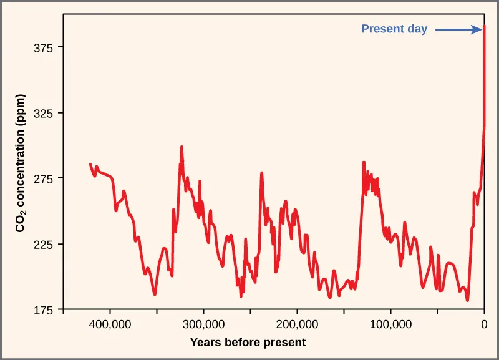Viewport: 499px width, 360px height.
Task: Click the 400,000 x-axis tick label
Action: point(110,324)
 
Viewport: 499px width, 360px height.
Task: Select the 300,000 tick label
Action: point(204,324)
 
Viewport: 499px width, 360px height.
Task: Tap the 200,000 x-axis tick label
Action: point(298,324)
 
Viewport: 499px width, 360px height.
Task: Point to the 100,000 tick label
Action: point(391,324)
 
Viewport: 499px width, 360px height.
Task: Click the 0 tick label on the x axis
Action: point(484,324)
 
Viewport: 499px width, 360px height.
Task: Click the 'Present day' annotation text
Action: point(394,29)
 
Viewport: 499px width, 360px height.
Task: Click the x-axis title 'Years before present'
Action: point(248,342)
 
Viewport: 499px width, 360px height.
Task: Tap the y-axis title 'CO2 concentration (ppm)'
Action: point(21,170)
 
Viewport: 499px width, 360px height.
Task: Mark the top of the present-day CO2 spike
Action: point(485,27)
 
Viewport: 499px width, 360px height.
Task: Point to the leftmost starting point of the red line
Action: point(90,164)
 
